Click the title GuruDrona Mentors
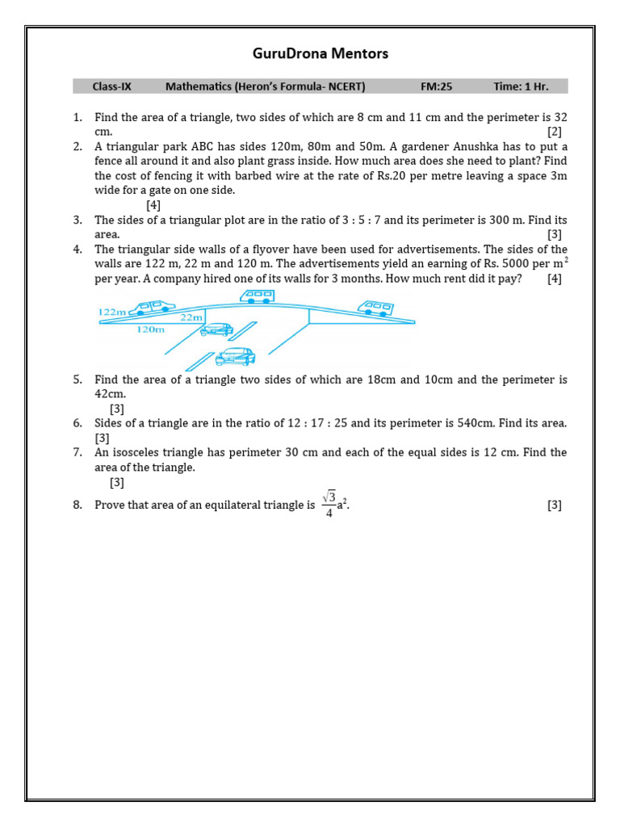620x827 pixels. (320, 54)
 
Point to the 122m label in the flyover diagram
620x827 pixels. (112, 312)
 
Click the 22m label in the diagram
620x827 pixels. (191, 317)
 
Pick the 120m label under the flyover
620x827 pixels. (150, 330)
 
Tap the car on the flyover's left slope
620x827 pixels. (155, 306)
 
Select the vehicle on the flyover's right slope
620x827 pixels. (375, 307)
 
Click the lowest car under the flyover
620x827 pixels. (235, 356)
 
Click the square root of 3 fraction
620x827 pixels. (329, 504)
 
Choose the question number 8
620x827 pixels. (77, 506)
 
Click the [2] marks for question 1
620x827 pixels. (554, 132)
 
